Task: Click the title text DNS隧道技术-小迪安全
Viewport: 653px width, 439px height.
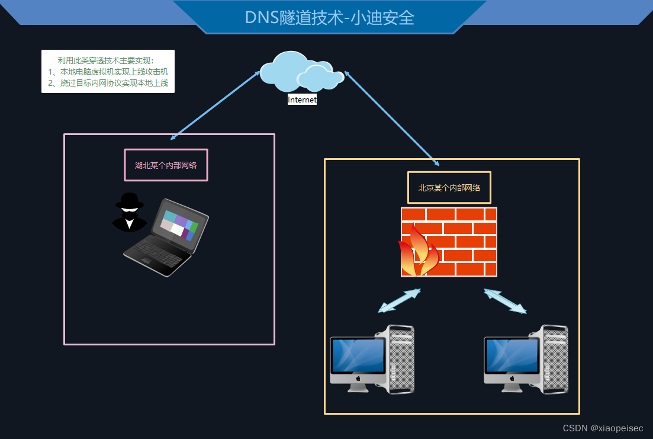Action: pos(329,17)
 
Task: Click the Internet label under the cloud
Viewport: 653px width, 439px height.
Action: pos(302,100)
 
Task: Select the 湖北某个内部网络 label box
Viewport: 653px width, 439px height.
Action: pos(166,165)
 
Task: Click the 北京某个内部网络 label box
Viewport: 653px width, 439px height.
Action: pos(449,187)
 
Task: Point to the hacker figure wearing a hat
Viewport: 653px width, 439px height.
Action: pos(129,212)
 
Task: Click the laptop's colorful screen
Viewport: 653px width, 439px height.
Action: pos(179,225)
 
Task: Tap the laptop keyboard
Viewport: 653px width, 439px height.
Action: pos(155,255)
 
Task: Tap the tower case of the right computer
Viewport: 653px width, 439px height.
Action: pos(555,359)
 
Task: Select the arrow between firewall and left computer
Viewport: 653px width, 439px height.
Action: pos(399,300)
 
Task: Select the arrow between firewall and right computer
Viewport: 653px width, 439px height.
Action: pos(505,301)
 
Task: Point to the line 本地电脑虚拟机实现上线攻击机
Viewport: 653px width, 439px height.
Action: pos(108,72)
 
